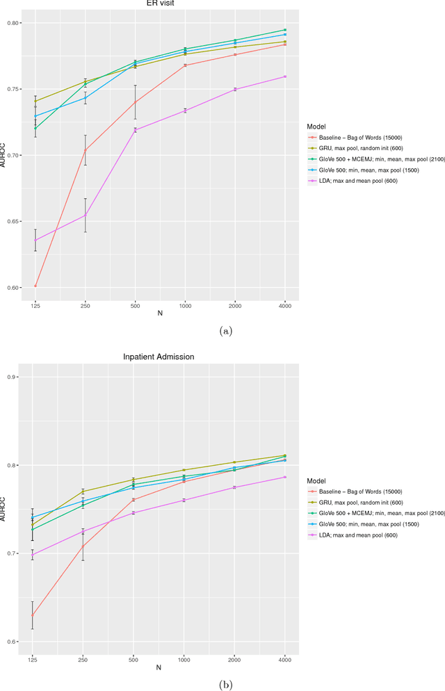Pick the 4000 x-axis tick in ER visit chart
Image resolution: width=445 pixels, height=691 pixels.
(284, 306)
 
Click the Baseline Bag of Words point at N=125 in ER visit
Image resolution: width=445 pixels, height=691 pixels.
(35, 286)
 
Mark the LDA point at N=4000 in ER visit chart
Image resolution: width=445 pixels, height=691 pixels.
(284, 76)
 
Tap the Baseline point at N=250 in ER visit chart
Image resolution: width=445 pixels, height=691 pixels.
(86, 150)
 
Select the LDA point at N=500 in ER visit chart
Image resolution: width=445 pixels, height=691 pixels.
(135, 130)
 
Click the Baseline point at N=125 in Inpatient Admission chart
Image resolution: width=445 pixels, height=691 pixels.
(32, 615)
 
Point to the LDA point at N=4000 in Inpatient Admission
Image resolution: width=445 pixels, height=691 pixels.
(284, 477)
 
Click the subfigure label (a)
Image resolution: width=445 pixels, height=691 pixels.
(225, 332)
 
